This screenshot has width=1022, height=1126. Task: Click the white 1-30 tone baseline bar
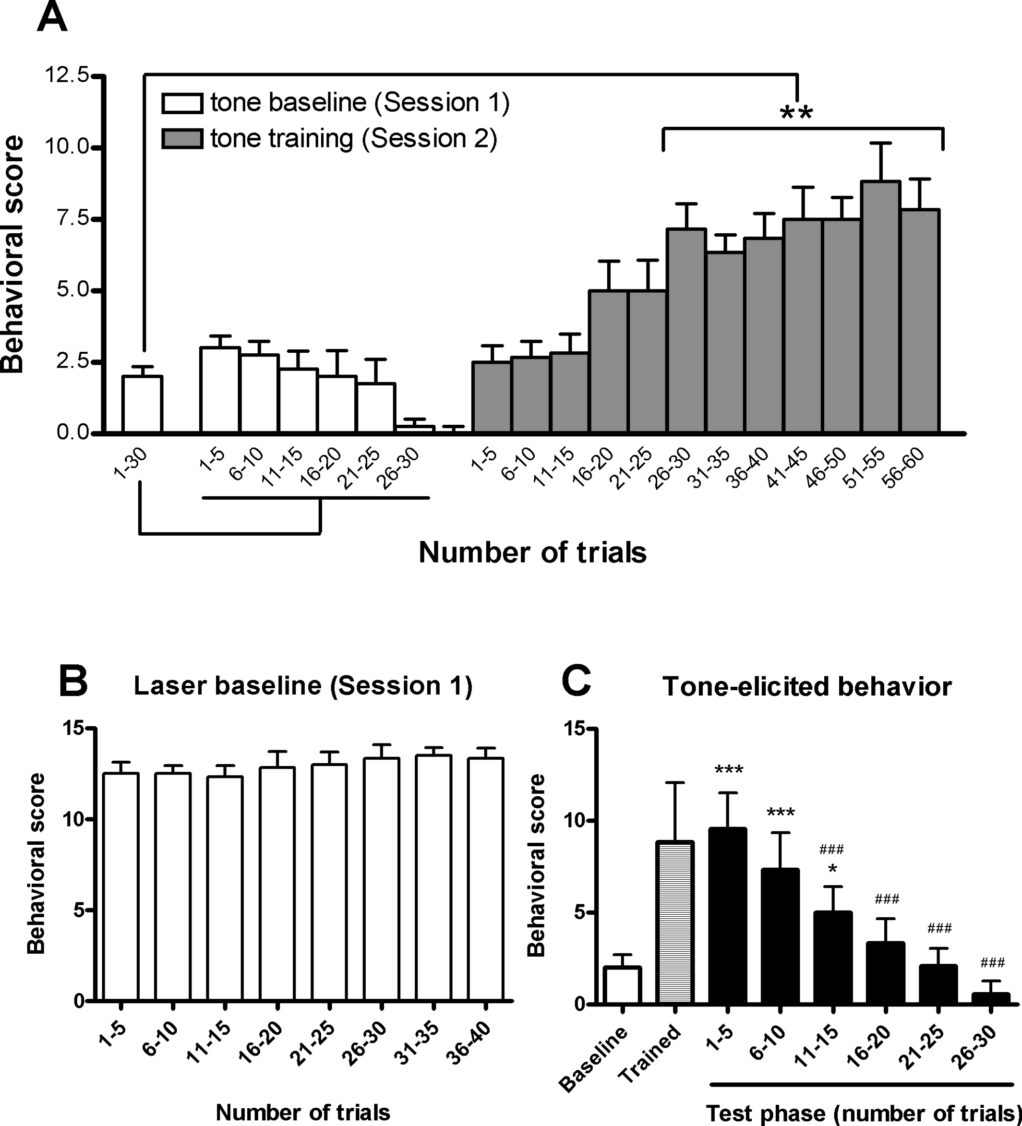point(143,405)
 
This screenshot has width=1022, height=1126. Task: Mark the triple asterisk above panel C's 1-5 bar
point(729,771)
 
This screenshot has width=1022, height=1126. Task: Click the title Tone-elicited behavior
point(807,686)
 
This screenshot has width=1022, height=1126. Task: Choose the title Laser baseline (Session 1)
point(303,686)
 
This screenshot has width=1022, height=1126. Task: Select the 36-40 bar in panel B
point(486,880)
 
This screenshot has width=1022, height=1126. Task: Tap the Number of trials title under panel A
point(533,553)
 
